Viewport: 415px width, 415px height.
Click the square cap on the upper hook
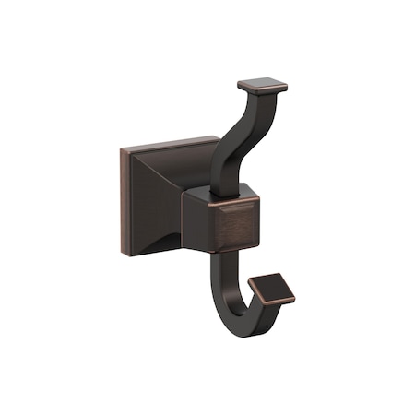[261, 87]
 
